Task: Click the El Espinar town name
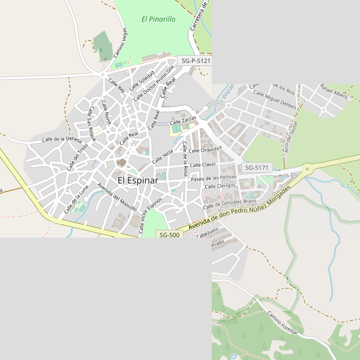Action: pyautogui.click(x=137, y=180)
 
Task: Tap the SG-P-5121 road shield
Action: pyautogui.click(x=195, y=61)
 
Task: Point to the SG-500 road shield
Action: pyautogui.click(x=169, y=235)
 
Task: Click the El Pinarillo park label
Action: pyautogui.click(x=158, y=19)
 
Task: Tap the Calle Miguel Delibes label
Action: pyautogui.click(x=275, y=100)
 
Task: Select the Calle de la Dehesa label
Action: pyautogui.click(x=61, y=139)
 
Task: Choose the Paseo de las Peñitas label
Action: pyautogui.click(x=213, y=178)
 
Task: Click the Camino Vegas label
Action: pyautogui.click(x=121, y=43)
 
